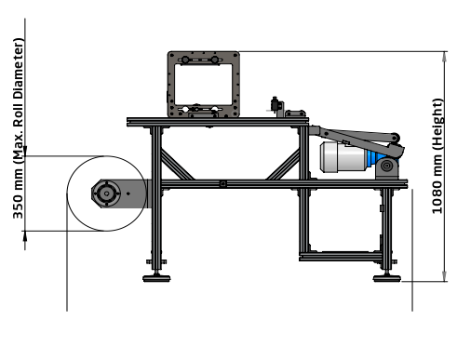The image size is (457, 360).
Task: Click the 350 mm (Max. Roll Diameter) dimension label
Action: tap(18, 128)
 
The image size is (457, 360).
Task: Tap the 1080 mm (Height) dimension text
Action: tap(437, 156)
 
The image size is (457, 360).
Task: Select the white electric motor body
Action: tap(343, 157)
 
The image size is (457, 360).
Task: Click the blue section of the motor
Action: tap(373, 158)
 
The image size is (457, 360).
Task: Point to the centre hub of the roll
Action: tap(106, 193)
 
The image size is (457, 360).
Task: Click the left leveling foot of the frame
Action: tap(156, 278)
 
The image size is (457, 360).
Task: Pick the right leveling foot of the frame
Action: tap(387, 278)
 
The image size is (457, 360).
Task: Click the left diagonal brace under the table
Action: tap(177, 165)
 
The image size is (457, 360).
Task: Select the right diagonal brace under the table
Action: tap(283, 165)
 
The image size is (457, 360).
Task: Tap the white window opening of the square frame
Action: tap(204, 85)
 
